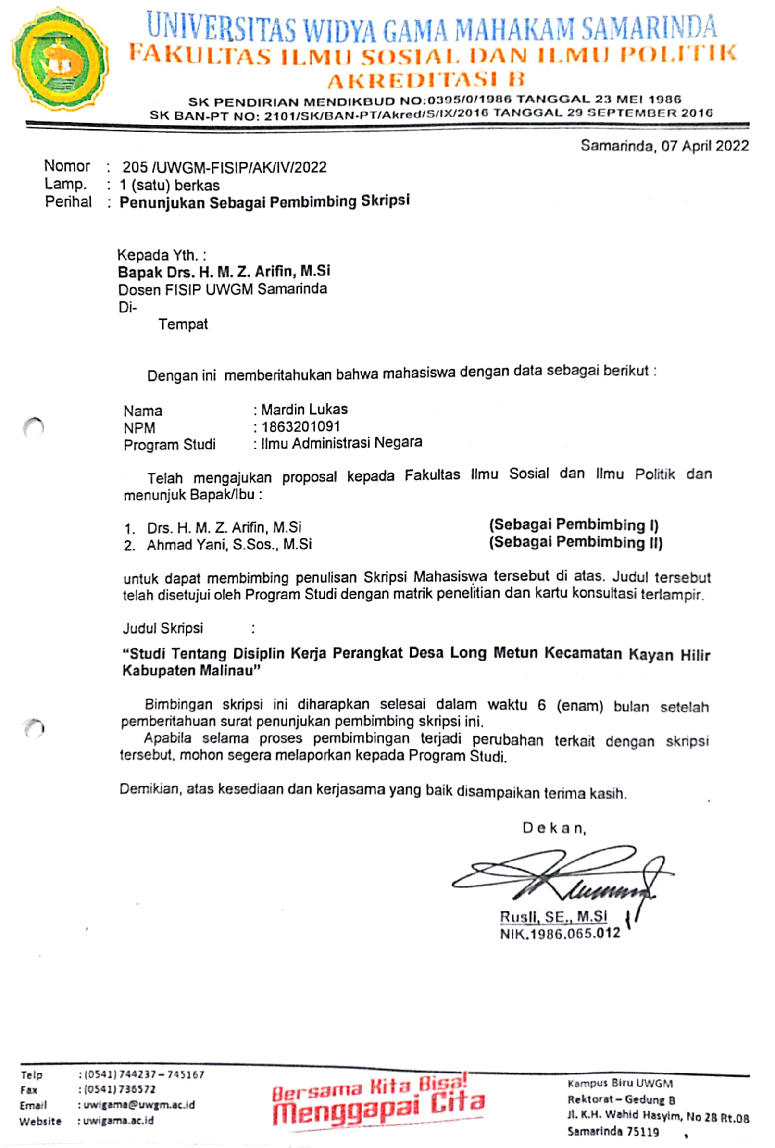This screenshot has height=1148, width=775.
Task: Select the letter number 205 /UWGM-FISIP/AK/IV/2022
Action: pyautogui.click(x=225, y=167)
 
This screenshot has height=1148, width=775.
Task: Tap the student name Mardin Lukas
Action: pyautogui.click(x=304, y=410)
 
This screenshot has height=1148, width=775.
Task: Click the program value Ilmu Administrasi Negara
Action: pyautogui.click(x=341, y=443)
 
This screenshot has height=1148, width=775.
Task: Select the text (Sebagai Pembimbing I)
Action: pyautogui.click(x=574, y=524)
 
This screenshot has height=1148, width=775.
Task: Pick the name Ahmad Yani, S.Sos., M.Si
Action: pyautogui.click(x=229, y=544)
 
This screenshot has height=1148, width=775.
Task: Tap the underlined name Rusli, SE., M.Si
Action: pyautogui.click(x=553, y=917)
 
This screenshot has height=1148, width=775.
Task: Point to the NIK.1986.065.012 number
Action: pyautogui.click(x=560, y=934)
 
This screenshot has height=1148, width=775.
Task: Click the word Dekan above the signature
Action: pyautogui.click(x=554, y=828)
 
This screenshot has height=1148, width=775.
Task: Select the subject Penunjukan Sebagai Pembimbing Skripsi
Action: pyautogui.click(x=264, y=201)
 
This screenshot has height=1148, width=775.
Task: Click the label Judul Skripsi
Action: pyautogui.click(x=162, y=628)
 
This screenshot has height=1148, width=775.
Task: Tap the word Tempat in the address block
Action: pyautogui.click(x=183, y=324)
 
